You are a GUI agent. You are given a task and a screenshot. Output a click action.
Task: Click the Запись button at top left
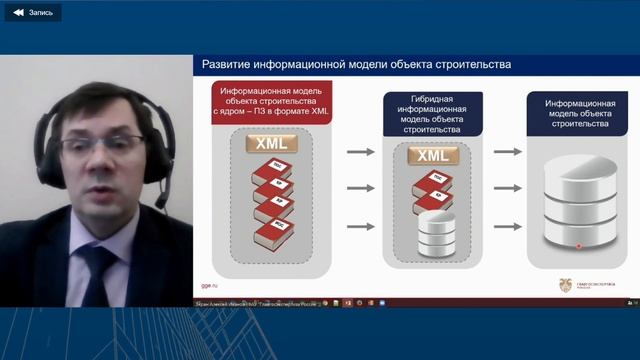pyautogui.click(x=32, y=13)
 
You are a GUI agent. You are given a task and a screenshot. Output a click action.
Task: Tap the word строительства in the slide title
pyautogui.click(x=469, y=64)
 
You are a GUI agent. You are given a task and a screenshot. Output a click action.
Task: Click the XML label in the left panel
pyautogui.click(x=272, y=144)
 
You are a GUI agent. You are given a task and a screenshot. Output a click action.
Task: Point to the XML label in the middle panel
pyautogui.click(x=432, y=156)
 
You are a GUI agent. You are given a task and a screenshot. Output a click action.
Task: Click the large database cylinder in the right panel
pyautogui.click(x=579, y=204)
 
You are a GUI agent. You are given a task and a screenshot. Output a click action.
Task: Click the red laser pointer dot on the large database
pyautogui.click(x=578, y=245)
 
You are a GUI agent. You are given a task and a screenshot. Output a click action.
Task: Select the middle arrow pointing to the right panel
pyautogui.click(x=508, y=188)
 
